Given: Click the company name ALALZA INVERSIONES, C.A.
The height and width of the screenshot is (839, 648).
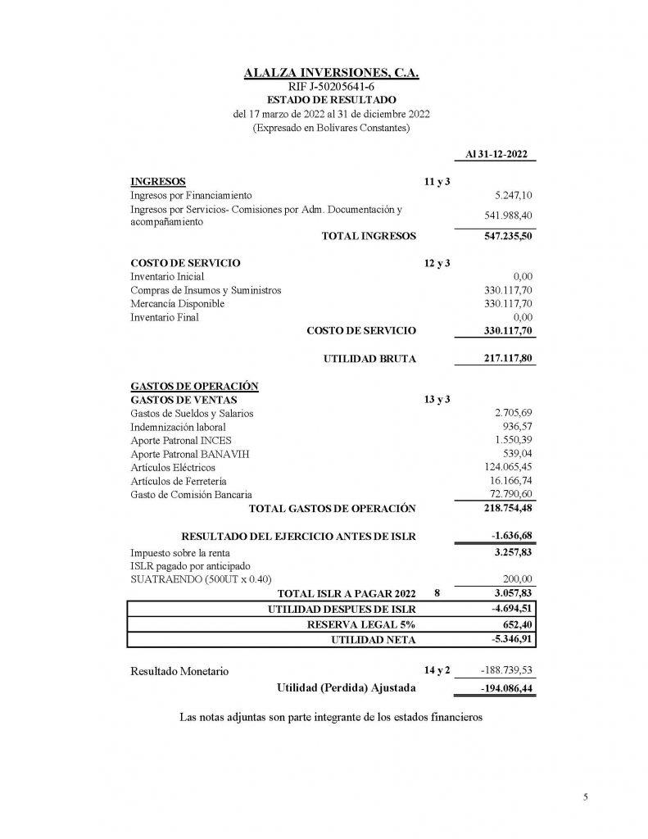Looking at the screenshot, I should [x=332, y=73].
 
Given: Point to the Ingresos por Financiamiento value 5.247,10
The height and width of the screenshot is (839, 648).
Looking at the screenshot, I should [x=514, y=195].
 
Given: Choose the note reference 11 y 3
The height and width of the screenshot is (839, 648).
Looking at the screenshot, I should [x=437, y=181].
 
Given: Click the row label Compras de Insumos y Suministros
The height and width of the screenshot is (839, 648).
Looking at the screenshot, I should [x=206, y=290].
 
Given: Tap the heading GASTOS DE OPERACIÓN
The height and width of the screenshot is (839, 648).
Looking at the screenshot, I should [x=195, y=386].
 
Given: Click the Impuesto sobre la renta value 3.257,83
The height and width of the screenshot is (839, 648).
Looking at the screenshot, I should [x=511, y=553].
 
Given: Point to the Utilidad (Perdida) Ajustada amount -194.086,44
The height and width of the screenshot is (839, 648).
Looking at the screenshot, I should [x=502, y=688].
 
